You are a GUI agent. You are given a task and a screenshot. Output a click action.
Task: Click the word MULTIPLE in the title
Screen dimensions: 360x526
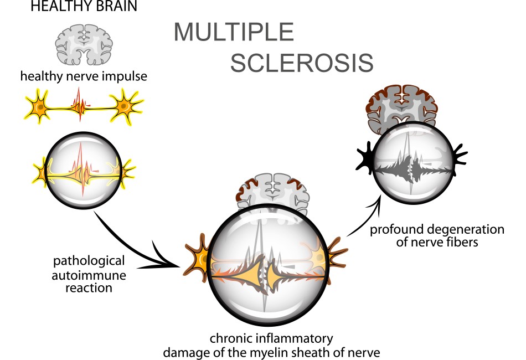233,33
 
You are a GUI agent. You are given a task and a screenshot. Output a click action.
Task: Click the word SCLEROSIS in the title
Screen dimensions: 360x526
301,64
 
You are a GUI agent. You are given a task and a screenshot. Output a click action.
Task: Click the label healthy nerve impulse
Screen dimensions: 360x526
84,76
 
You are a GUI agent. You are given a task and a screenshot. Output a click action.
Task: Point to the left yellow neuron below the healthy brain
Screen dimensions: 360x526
38,106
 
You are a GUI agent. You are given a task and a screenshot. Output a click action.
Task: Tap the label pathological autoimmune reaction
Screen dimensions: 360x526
89,274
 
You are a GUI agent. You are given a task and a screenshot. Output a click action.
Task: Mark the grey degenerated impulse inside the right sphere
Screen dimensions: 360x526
411,165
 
